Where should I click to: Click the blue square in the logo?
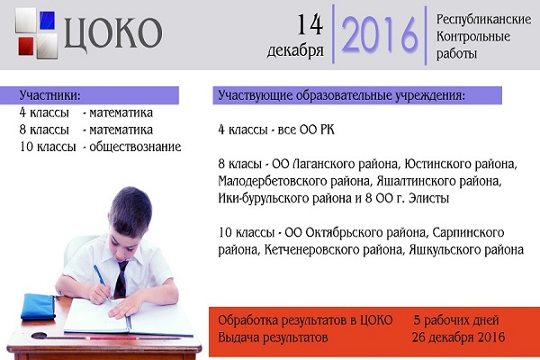click(x=47, y=21)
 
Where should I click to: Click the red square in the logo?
click(x=26, y=46)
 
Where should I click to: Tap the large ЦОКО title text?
click(x=113, y=33)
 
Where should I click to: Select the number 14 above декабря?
click(x=310, y=24)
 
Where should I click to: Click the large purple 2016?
click(x=379, y=35)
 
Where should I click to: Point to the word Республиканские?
click(x=483, y=19)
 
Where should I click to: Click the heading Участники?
click(x=49, y=95)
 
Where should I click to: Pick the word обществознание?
click(x=135, y=147)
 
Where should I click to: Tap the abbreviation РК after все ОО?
click(x=328, y=130)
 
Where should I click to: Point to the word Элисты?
click(x=428, y=198)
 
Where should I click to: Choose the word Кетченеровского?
click(x=316, y=250)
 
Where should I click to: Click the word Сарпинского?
click(x=468, y=232)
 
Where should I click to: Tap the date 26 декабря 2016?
click(x=458, y=337)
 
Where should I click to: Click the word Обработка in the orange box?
click(x=247, y=320)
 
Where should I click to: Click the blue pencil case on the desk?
click(x=39, y=306)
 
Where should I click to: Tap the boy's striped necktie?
click(x=121, y=279)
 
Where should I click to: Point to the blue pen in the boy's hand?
click(x=102, y=282)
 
